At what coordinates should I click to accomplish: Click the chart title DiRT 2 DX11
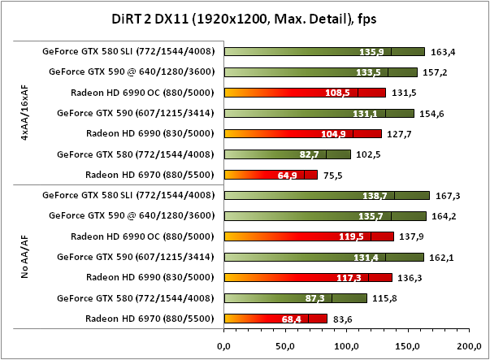click(x=244, y=19)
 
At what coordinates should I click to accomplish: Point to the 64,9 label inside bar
click(x=288, y=174)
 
